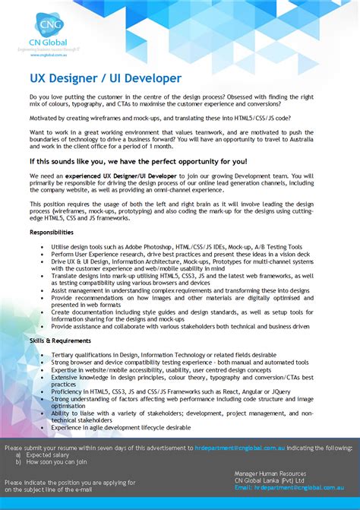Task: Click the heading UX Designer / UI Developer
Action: point(106,78)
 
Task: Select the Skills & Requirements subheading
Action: point(62,341)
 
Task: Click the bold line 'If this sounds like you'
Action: point(138,161)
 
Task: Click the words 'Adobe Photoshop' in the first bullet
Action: point(152,246)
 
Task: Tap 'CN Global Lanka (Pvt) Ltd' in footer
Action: point(270,480)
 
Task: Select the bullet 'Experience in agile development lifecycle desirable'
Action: point(121,427)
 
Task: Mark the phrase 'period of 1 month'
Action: point(158,145)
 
